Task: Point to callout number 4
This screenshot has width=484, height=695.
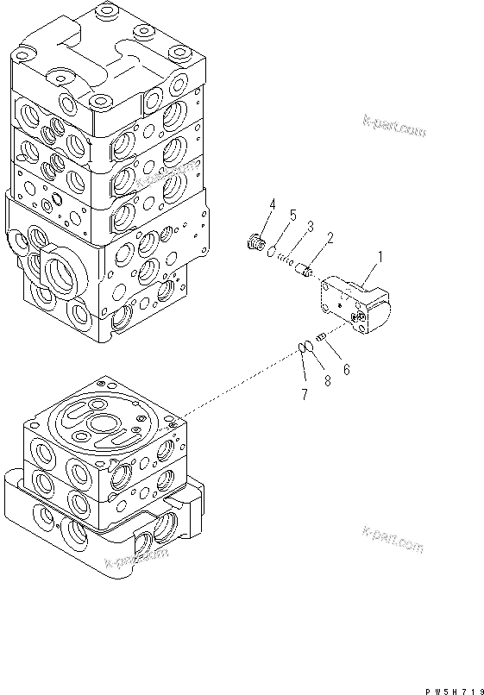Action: click(273, 204)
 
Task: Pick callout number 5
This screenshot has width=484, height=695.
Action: click(292, 214)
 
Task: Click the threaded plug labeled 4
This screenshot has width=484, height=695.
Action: click(255, 244)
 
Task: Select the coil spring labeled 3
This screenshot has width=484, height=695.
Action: click(289, 262)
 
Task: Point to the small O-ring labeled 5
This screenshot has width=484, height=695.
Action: click(270, 254)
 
